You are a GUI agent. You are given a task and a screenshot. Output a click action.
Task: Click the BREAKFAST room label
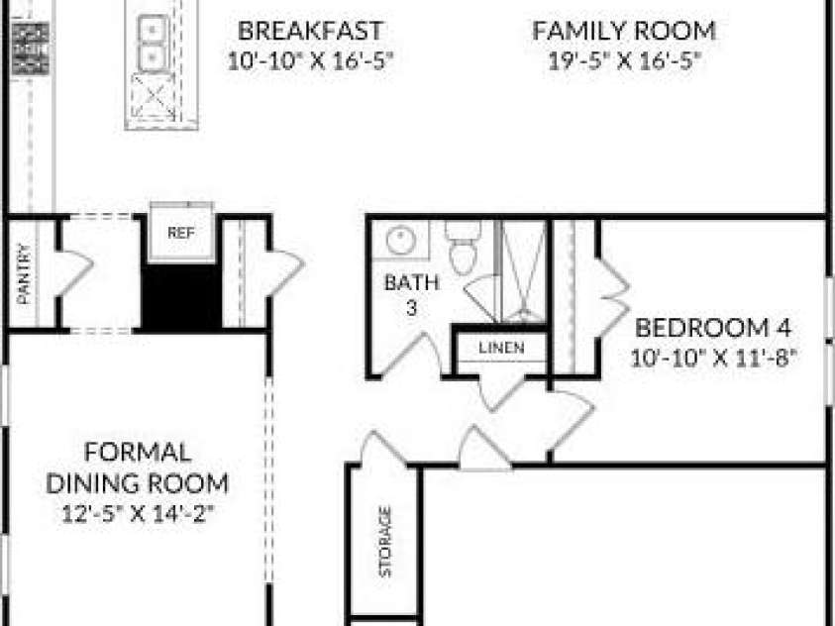point(310,31)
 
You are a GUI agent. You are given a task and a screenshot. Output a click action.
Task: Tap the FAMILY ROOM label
point(624,31)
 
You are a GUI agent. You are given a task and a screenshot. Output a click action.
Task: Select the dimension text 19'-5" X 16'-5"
point(624,61)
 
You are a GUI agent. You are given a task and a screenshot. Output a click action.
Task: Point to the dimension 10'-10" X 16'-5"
point(310,61)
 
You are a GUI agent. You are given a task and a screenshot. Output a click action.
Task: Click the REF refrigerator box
point(181,233)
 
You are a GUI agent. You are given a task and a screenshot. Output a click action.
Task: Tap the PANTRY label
point(24,273)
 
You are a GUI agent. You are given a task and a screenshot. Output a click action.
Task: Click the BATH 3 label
point(412,294)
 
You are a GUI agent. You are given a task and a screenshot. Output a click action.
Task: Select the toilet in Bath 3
point(464,247)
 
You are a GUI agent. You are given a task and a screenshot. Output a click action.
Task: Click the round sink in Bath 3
point(401,240)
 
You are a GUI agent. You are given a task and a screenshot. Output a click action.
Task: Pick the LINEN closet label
point(501,348)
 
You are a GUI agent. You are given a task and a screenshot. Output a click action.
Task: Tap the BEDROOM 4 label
point(713,328)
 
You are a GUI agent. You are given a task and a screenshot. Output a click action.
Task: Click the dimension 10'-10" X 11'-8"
point(713,358)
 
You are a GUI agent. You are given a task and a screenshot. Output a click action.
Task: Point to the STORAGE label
point(385,541)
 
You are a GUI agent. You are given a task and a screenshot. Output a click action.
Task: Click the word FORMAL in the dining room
point(138,453)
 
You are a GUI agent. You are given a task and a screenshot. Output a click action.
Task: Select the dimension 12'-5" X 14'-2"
point(138,514)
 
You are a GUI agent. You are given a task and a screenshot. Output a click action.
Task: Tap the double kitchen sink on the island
point(153,43)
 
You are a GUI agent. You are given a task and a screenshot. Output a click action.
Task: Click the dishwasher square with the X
point(153,96)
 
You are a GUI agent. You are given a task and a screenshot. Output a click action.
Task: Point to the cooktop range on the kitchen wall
point(31,48)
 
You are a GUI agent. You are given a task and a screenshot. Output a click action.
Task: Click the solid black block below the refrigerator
point(181,296)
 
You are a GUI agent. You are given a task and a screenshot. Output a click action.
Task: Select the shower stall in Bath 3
point(523,271)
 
